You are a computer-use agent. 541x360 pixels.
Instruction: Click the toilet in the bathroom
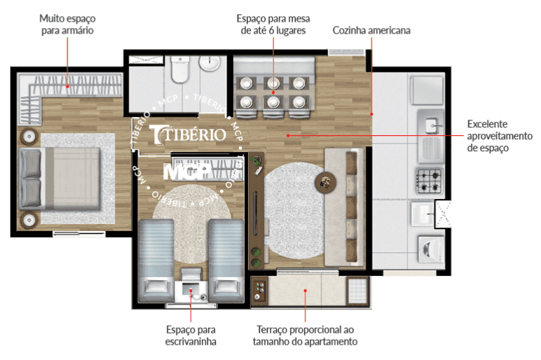(180, 70)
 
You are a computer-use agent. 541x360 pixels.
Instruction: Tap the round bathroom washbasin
(209, 64)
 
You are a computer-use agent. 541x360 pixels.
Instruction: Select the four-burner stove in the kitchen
(429, 181)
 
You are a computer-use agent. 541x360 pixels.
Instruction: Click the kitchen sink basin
(432, 125)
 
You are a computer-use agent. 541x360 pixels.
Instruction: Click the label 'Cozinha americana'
(371, 30)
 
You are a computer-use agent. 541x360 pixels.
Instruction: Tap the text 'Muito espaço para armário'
(67, 24)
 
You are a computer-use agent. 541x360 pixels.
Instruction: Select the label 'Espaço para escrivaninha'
(191, 335)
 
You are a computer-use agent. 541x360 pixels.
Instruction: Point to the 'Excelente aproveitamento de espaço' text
(500, 136)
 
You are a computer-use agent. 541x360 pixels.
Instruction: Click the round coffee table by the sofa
(325, 181)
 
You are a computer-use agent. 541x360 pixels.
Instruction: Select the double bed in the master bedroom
(60, 179)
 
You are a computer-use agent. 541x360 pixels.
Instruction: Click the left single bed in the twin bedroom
(156, 261)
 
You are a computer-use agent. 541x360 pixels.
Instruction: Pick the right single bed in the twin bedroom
(226, 261)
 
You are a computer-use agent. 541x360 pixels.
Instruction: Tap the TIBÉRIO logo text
(189, 134)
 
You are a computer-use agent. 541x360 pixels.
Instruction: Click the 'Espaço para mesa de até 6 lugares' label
(273, 24)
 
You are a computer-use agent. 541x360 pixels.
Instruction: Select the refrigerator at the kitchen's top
(427, 90)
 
